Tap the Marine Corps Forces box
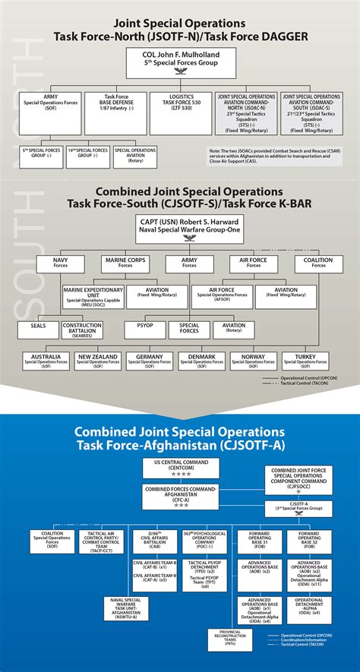pyautogui.click(x=125, y=263)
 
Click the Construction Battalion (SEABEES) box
pyautogui.click(x=83, y=330)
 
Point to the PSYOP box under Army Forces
pyautogui.click(x=144, y=327)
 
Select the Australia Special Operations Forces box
pyautogui.click(x=46, y=359)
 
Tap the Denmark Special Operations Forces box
pyautogui.click(x=201, y=359)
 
